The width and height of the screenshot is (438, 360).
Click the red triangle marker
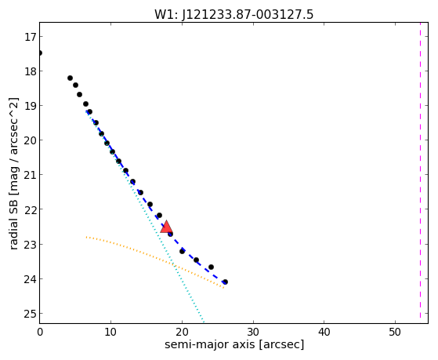coord(166,227)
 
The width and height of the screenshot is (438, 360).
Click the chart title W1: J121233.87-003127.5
coord(233,15)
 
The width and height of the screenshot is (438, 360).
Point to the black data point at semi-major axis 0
coord(40,53)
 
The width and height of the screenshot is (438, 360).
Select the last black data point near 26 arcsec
coord(225,282)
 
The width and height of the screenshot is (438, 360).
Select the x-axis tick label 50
coord(395,333)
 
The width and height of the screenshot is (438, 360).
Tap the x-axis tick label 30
coord(253,333)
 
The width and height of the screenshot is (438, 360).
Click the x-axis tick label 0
coord(40,333)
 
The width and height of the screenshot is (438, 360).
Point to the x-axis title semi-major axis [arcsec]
coord(234,344)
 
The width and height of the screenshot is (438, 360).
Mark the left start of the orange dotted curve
coord(87,237)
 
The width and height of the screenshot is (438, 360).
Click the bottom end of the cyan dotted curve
coord(204,322)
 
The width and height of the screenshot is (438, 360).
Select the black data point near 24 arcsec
coord(212,267)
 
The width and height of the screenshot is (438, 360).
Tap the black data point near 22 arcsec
coord(196,260)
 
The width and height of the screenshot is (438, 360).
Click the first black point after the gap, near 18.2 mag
coord(70,78)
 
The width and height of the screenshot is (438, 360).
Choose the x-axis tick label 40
coord(324,333)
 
